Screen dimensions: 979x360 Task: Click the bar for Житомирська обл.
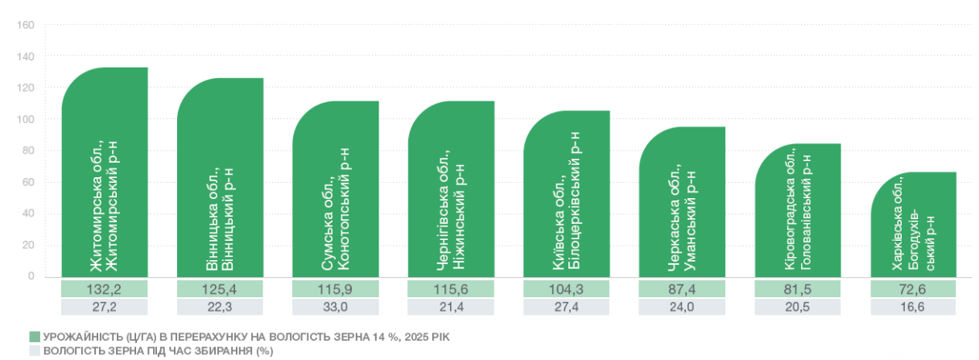click(105, 172)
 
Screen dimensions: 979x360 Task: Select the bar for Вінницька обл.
click(221, 178)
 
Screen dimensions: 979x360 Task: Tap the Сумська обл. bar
click(336, 189)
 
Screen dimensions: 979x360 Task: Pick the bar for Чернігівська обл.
click(451, 189)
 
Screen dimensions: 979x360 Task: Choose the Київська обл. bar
click(567, 194)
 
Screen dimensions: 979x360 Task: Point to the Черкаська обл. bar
click(682, 202)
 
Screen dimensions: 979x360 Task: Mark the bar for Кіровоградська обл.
click(798, 210)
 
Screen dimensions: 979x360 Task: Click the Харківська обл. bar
click(914, 225)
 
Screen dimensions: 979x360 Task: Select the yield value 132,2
click(104, 289)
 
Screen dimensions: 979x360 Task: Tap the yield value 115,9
click(335, 289)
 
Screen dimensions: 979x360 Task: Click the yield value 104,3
click(567, 289)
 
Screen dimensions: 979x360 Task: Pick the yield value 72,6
click(913, 289)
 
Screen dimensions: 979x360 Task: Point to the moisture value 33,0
click(335, 307)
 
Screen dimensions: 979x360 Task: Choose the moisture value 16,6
click(912, 307)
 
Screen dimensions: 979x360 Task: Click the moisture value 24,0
click(682, 307)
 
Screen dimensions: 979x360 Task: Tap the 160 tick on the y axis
click(25, 25)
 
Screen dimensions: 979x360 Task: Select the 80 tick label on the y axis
click(28, 151)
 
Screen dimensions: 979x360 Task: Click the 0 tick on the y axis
click(31, 276)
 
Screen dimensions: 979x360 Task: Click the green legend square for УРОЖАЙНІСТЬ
click(35, 337)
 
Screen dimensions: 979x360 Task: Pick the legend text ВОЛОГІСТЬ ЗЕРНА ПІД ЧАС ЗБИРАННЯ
click(148, 351)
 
